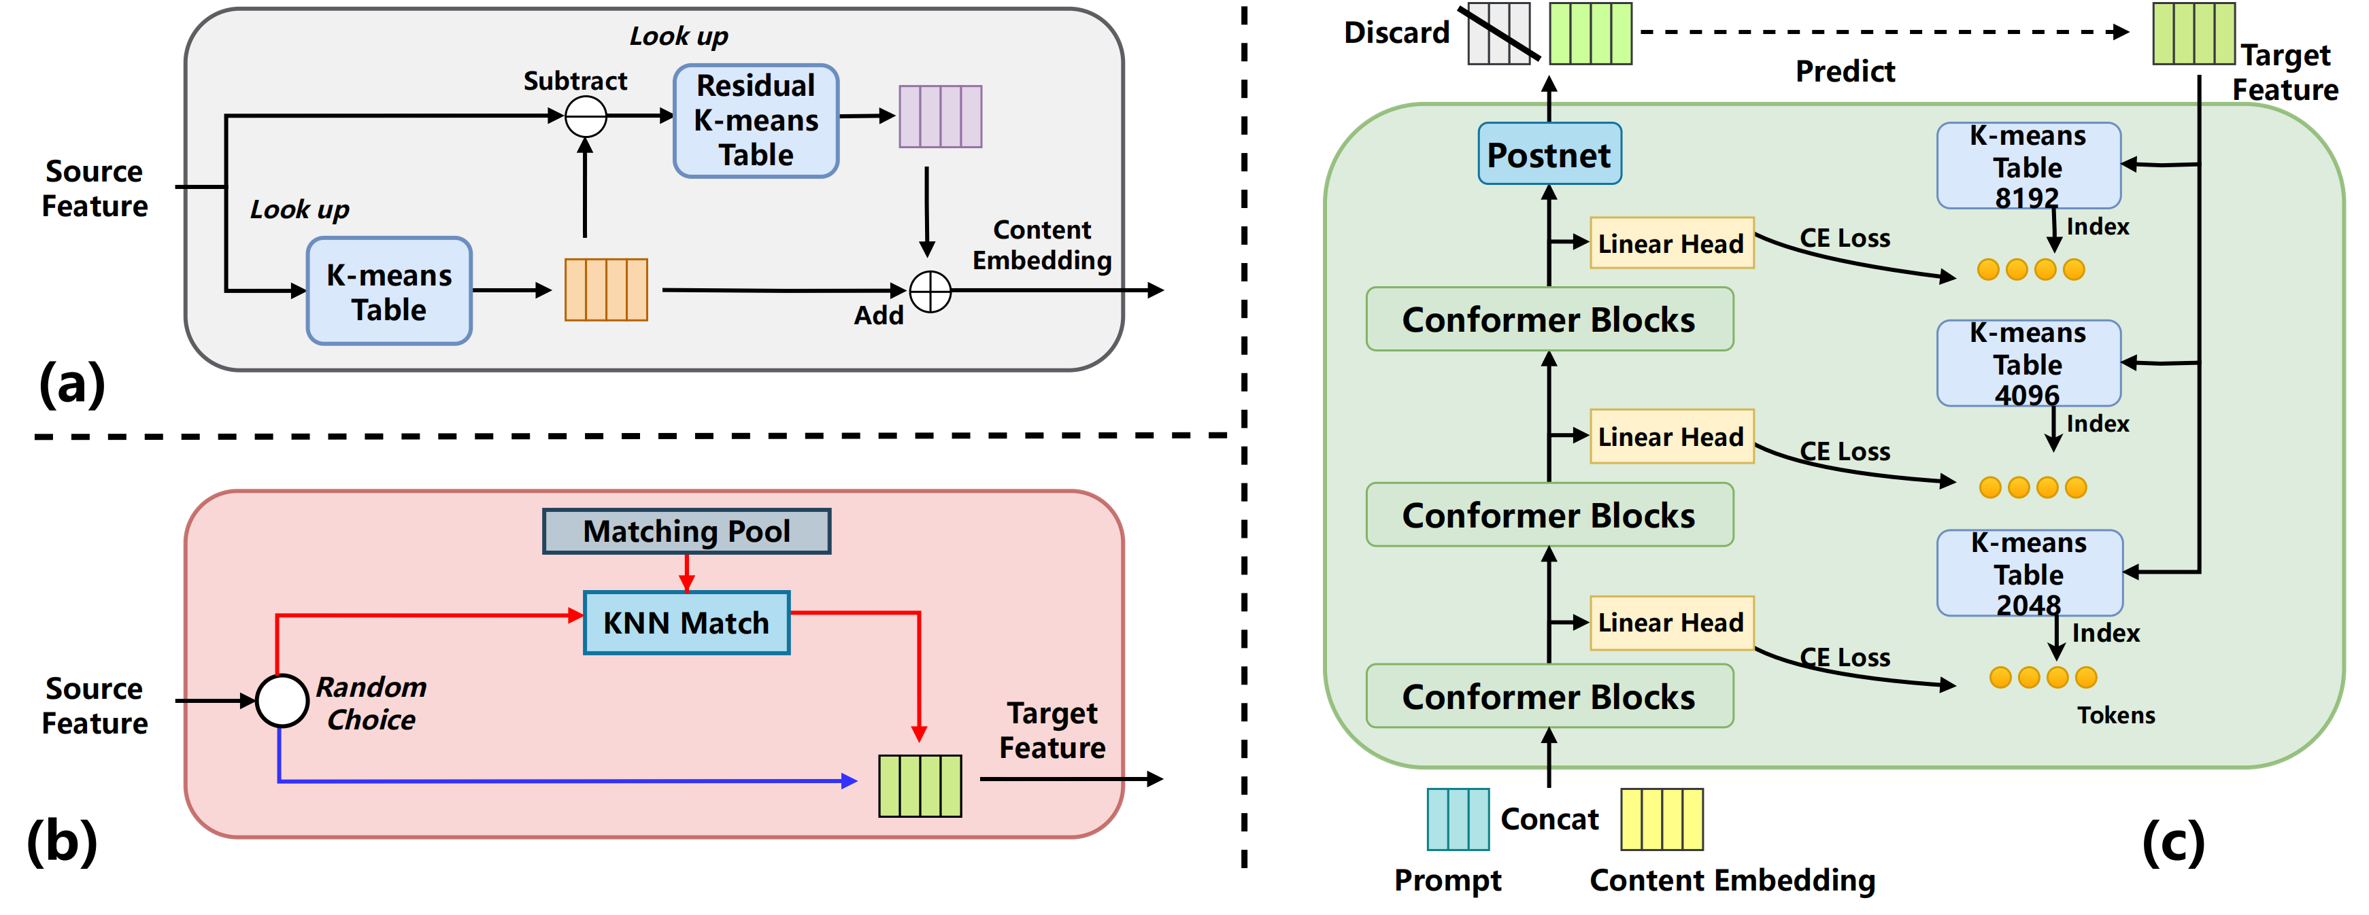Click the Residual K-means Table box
pyautogui.click(x=756, y=120)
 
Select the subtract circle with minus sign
pyautogui.click(x=586, y=117)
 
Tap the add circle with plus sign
pyautogui.click(x=930, y=292)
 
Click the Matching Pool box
pyautogui.click(x=687, y=532)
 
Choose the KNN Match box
pyautogui.click(x=687, y=623)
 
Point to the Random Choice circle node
pyautogui.click(x=282, y=701)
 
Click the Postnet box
pyautogui.click(x=1549, y=154)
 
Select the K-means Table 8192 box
pyautogui.click(x=2029, y=165)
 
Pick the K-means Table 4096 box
pyautogui.click(x=2029, y=363)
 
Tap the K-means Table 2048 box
pyautogui.click(x=2030, y=573)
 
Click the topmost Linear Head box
pyautogui.click(x=1672, y=243)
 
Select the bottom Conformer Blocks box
pyautogui.click(x=1549, y=696)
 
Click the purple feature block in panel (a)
pyautogui.click(x=940, y=116)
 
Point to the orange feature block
pyautogui.click(x=606, y=290)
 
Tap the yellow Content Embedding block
pyautogui.click(x=1662, y=818)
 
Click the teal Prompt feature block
pyautogui.click(x=1458, y=818)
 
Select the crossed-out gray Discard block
pyautogui.click(x=1499, y=33)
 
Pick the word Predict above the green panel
pyautogui.click(x=1845, y=71)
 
